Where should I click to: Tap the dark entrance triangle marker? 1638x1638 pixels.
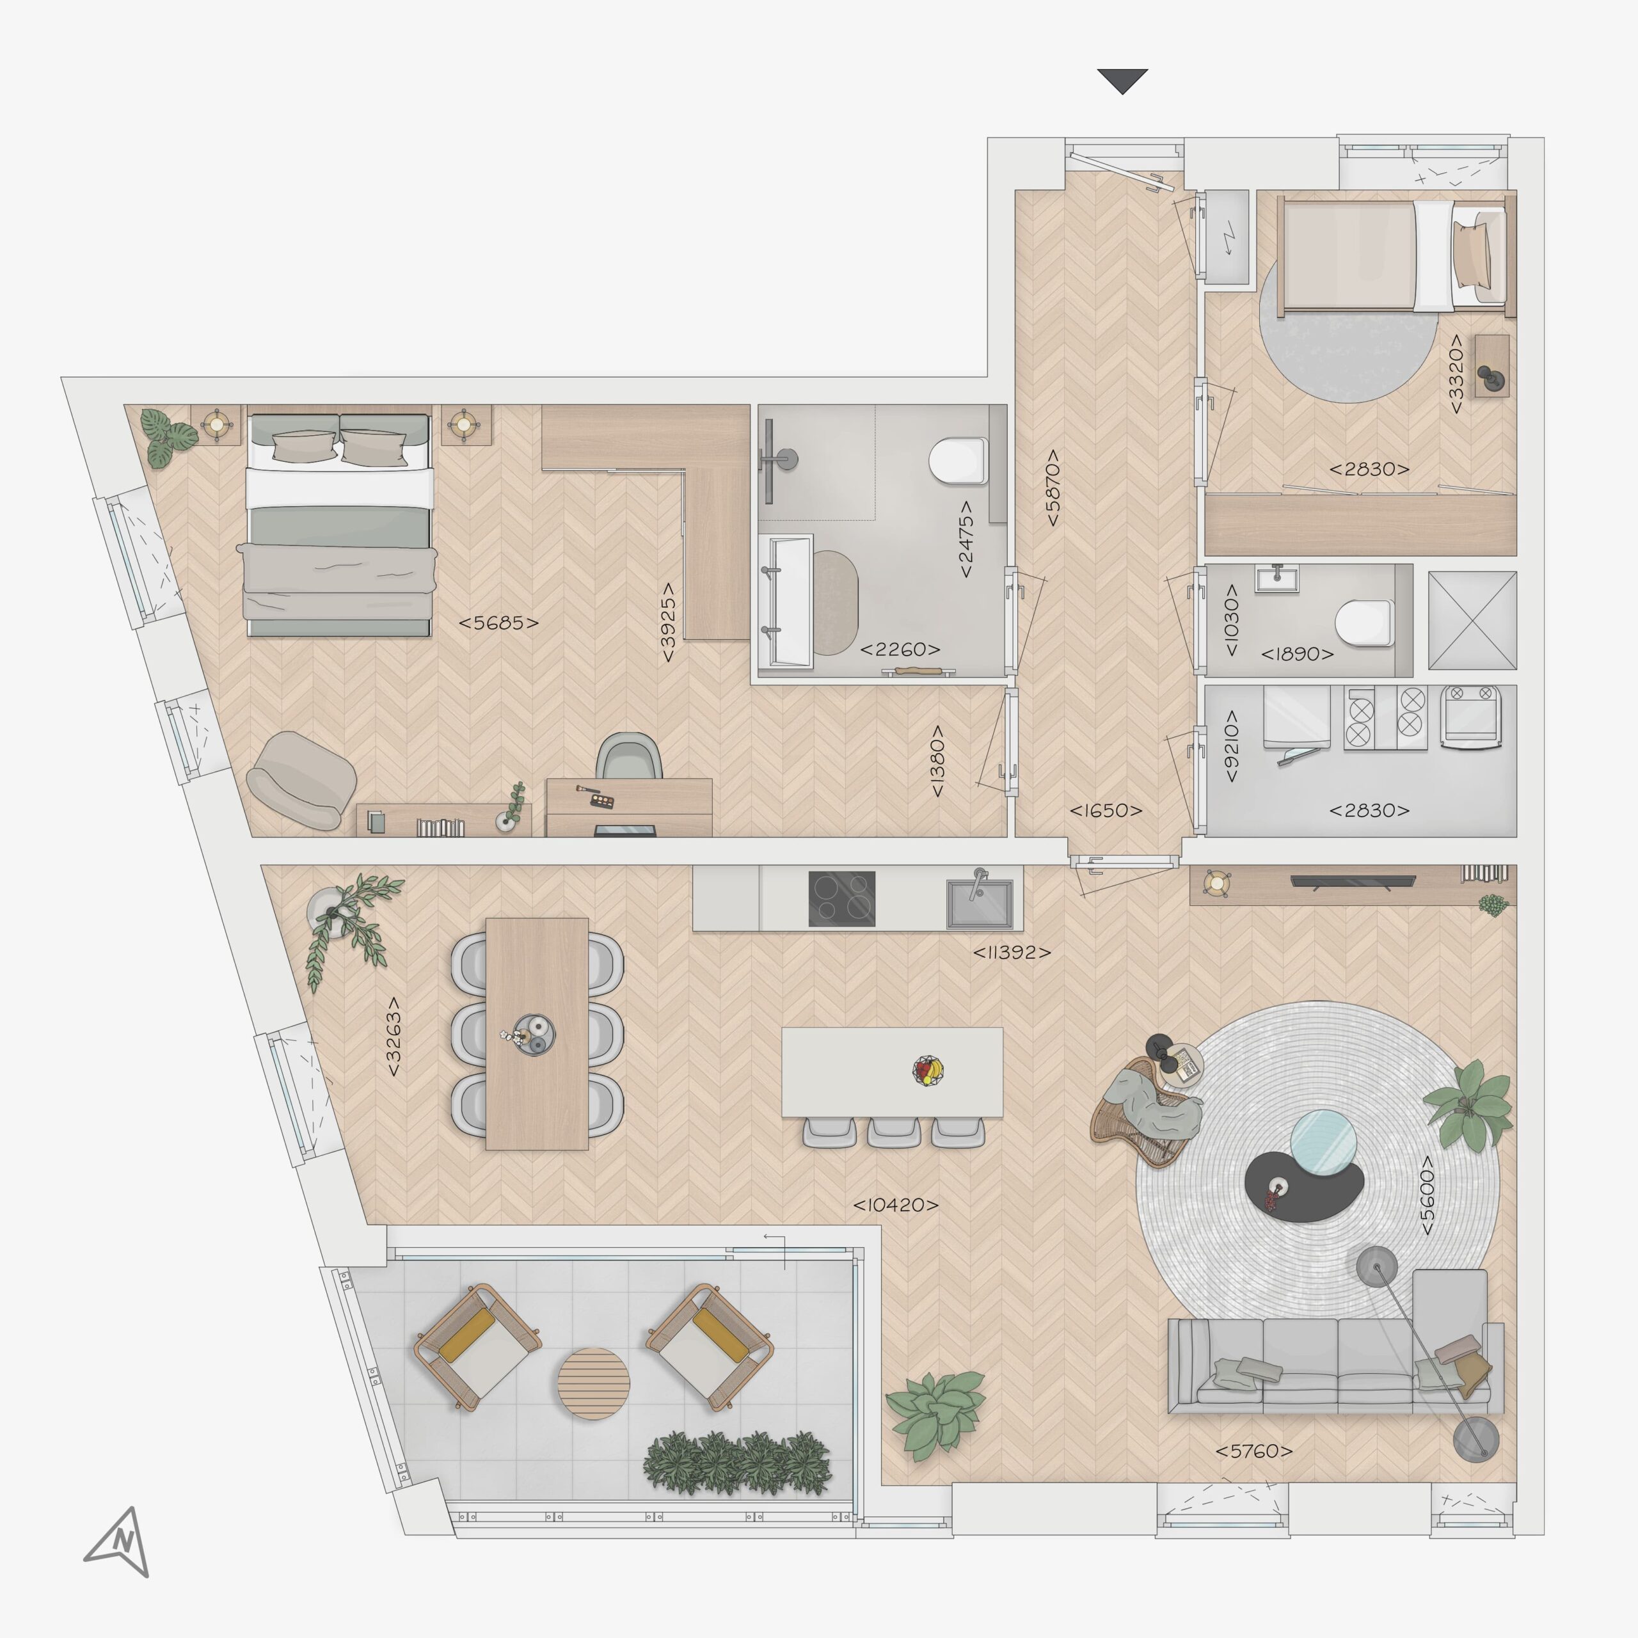pos(1122,81)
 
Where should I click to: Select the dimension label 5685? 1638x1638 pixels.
pos(498,623)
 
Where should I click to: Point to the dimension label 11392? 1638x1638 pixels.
pos(1012,952)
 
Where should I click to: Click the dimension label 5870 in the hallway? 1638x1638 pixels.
pos(1052,488)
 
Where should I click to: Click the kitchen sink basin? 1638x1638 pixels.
pos(979,904)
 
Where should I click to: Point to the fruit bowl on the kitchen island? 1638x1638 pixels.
pos(928,1070)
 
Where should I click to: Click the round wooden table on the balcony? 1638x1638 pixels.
pos(594,1383)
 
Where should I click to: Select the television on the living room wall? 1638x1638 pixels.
pos(1352,881)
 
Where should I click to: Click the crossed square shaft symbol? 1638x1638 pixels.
pos(1472,621)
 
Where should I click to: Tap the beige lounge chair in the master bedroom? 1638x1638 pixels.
pos(302,780)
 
